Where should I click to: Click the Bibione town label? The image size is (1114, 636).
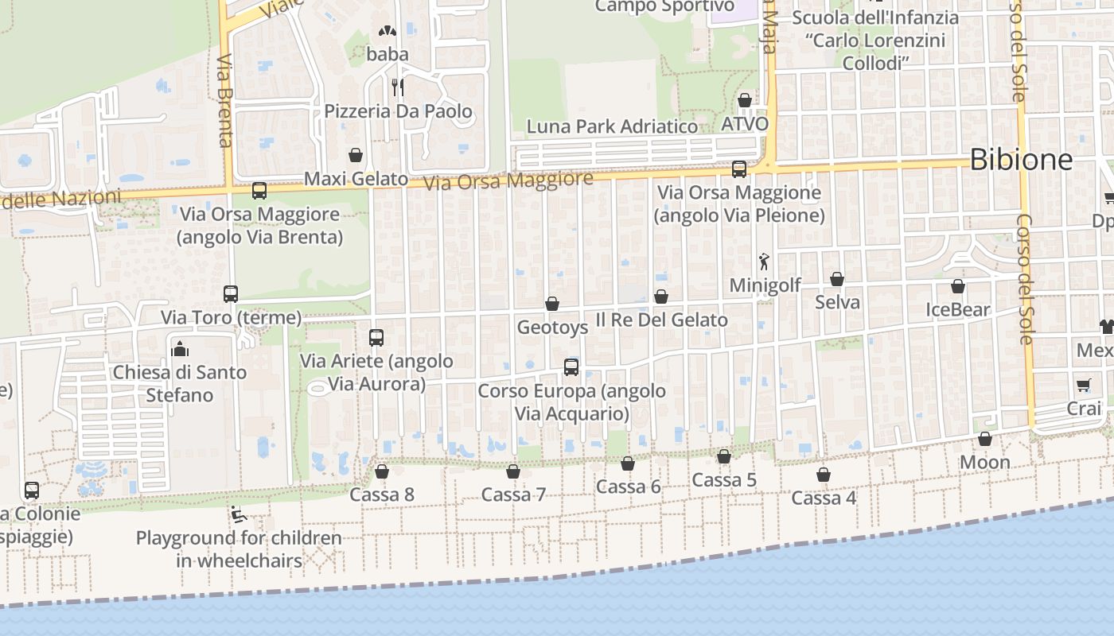click(x=1021, y=160)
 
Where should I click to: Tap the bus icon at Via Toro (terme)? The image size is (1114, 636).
click(x=231, y=294)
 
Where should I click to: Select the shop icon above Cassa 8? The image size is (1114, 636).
click(x=382, y=471)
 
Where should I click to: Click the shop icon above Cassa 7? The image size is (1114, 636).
click(x=513, y=471)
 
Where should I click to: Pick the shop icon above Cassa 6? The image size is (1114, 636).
click(x=628, y=463)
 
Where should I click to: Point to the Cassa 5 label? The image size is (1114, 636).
click(x=724, y=480)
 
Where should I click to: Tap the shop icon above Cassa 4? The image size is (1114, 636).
click(x=824, y=475)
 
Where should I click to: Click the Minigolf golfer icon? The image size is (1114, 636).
click(x=765, y=261)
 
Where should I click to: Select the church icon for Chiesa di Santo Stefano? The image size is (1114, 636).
click(x=180, y=349)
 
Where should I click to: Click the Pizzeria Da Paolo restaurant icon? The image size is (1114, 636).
click(x=398, y=87)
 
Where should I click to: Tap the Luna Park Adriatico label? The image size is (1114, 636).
click(x=612, y=126)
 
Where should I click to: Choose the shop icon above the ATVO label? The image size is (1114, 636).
click(x=745, y=100)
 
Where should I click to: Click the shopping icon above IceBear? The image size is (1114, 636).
click(x=958, y=286)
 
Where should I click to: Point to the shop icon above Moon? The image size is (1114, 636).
click(x=985, y=439)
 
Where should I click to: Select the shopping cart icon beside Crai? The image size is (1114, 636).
click(x=1083, y=386)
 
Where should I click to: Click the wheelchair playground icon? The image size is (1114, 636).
click(x=238, y=514)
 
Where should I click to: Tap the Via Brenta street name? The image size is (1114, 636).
click(x=224, y=101)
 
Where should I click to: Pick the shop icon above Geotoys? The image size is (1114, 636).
click(x=552, y=304)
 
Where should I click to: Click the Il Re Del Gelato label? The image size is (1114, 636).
click(x=662, y=320)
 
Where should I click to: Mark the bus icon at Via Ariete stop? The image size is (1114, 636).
click(x=376, y=338)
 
